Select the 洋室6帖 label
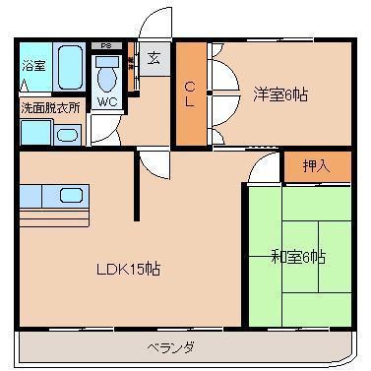click(280, 94)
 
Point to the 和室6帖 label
click(298, 257)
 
